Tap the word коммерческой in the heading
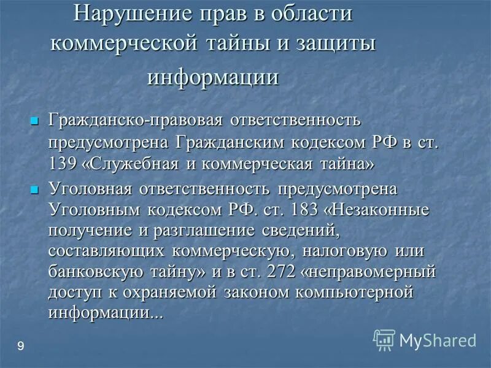click(x=123, y=44)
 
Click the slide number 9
click(x=21, y=348)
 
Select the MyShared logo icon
click(x=384, y=339)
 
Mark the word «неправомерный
click(x=355, y=270)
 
